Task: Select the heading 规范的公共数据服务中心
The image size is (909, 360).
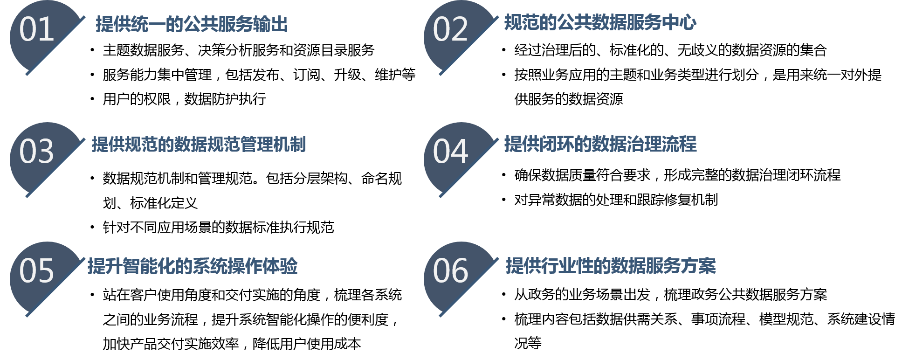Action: pos(600,22)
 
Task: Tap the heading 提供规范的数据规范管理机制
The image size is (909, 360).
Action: pos(199,145)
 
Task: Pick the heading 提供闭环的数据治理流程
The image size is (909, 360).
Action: pos(600,144)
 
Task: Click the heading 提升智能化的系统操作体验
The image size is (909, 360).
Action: pos(193,266)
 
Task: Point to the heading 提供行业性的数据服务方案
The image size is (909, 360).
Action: pos(611,266)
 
